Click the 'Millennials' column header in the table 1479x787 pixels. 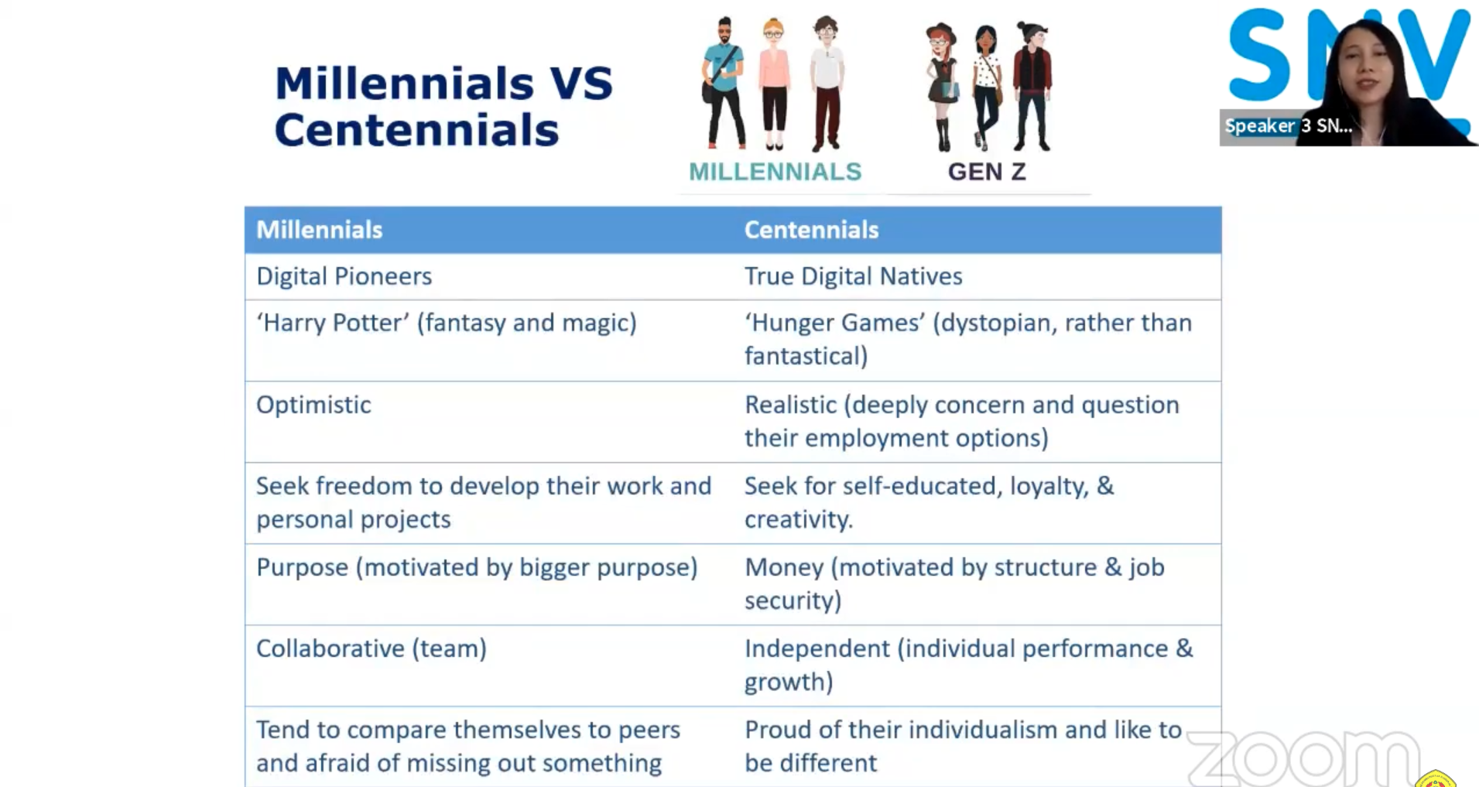coord(319,230)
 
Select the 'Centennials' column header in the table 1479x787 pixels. coord(811,230)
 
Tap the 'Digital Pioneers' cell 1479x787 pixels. coord(344,276)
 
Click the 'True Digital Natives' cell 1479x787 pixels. coord(853,276)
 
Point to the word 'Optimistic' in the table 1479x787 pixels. coord(313,405)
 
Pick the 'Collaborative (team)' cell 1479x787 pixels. coord(371,648)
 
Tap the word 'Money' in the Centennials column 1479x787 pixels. coord(784,567)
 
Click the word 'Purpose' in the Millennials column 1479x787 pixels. coord(302,567)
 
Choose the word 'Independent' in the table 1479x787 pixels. coord(817,648)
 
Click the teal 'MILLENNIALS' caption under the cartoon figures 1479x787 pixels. coord(775,172)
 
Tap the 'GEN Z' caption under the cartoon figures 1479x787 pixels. coord(987,172)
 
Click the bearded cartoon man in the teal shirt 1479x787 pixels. coord(724,83)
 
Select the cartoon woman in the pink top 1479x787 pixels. coord(774,85)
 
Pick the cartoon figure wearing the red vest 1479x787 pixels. coord(1032,86)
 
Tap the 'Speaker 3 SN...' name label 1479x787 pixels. coord(1288,126)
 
